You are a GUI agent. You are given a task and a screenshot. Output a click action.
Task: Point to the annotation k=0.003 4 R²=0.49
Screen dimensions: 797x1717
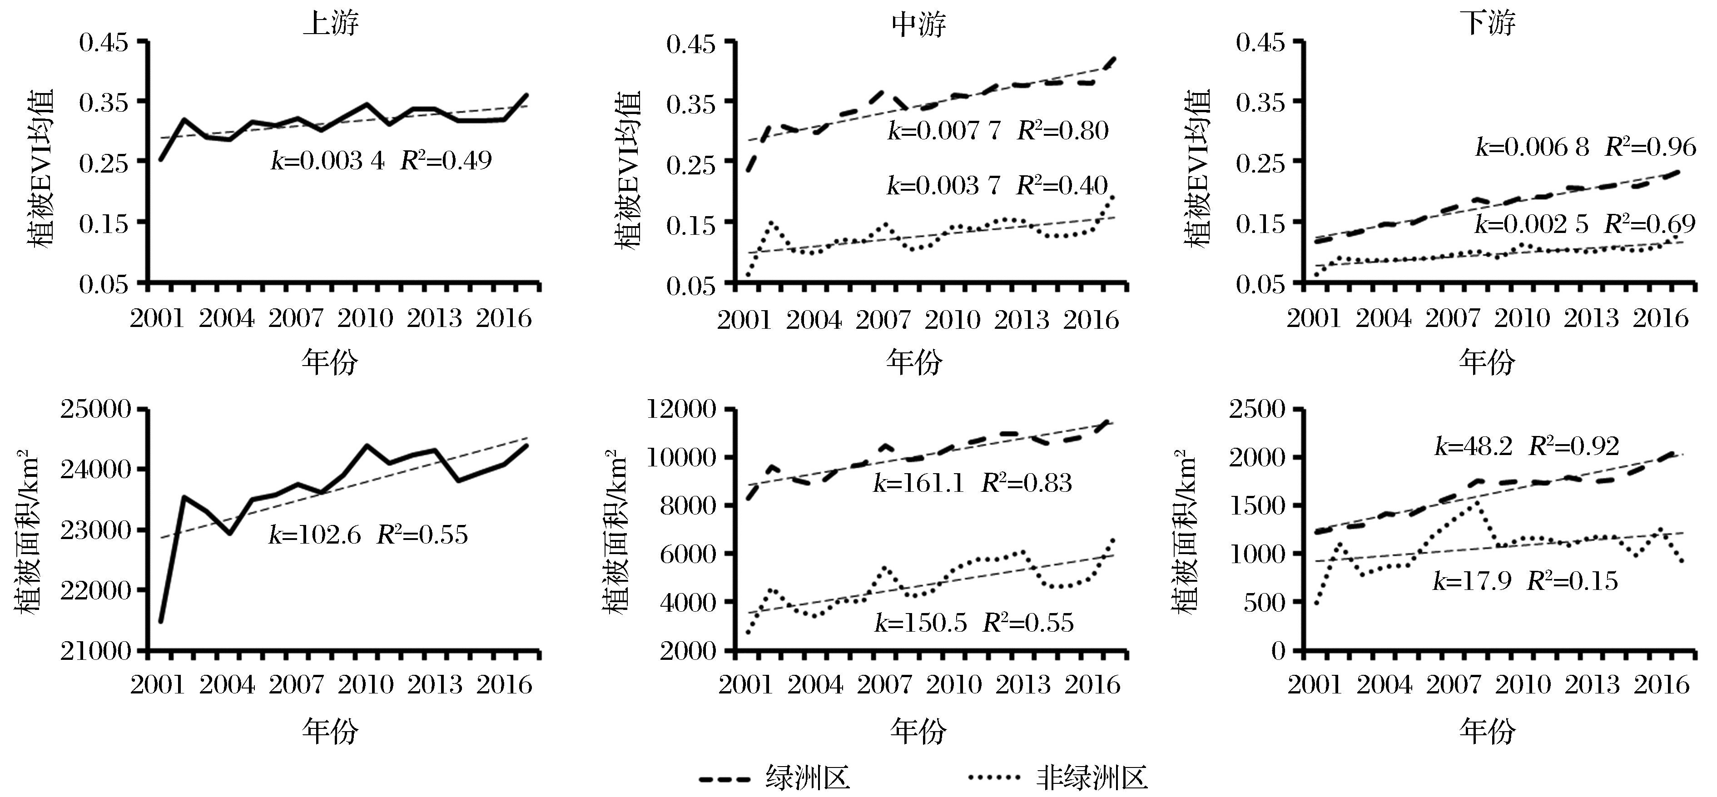coord(381,161)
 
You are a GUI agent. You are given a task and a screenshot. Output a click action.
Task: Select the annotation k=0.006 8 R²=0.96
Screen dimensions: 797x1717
coord(1585,147)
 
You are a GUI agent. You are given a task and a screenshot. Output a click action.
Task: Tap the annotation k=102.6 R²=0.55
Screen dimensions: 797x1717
coord(368,535)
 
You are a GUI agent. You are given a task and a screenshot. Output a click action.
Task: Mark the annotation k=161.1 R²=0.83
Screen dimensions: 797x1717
coord(973,482)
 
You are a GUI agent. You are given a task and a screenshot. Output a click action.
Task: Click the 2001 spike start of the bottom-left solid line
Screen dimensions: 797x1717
coord(161,622)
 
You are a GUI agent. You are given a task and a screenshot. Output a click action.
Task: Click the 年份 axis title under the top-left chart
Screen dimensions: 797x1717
coord(330,362)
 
